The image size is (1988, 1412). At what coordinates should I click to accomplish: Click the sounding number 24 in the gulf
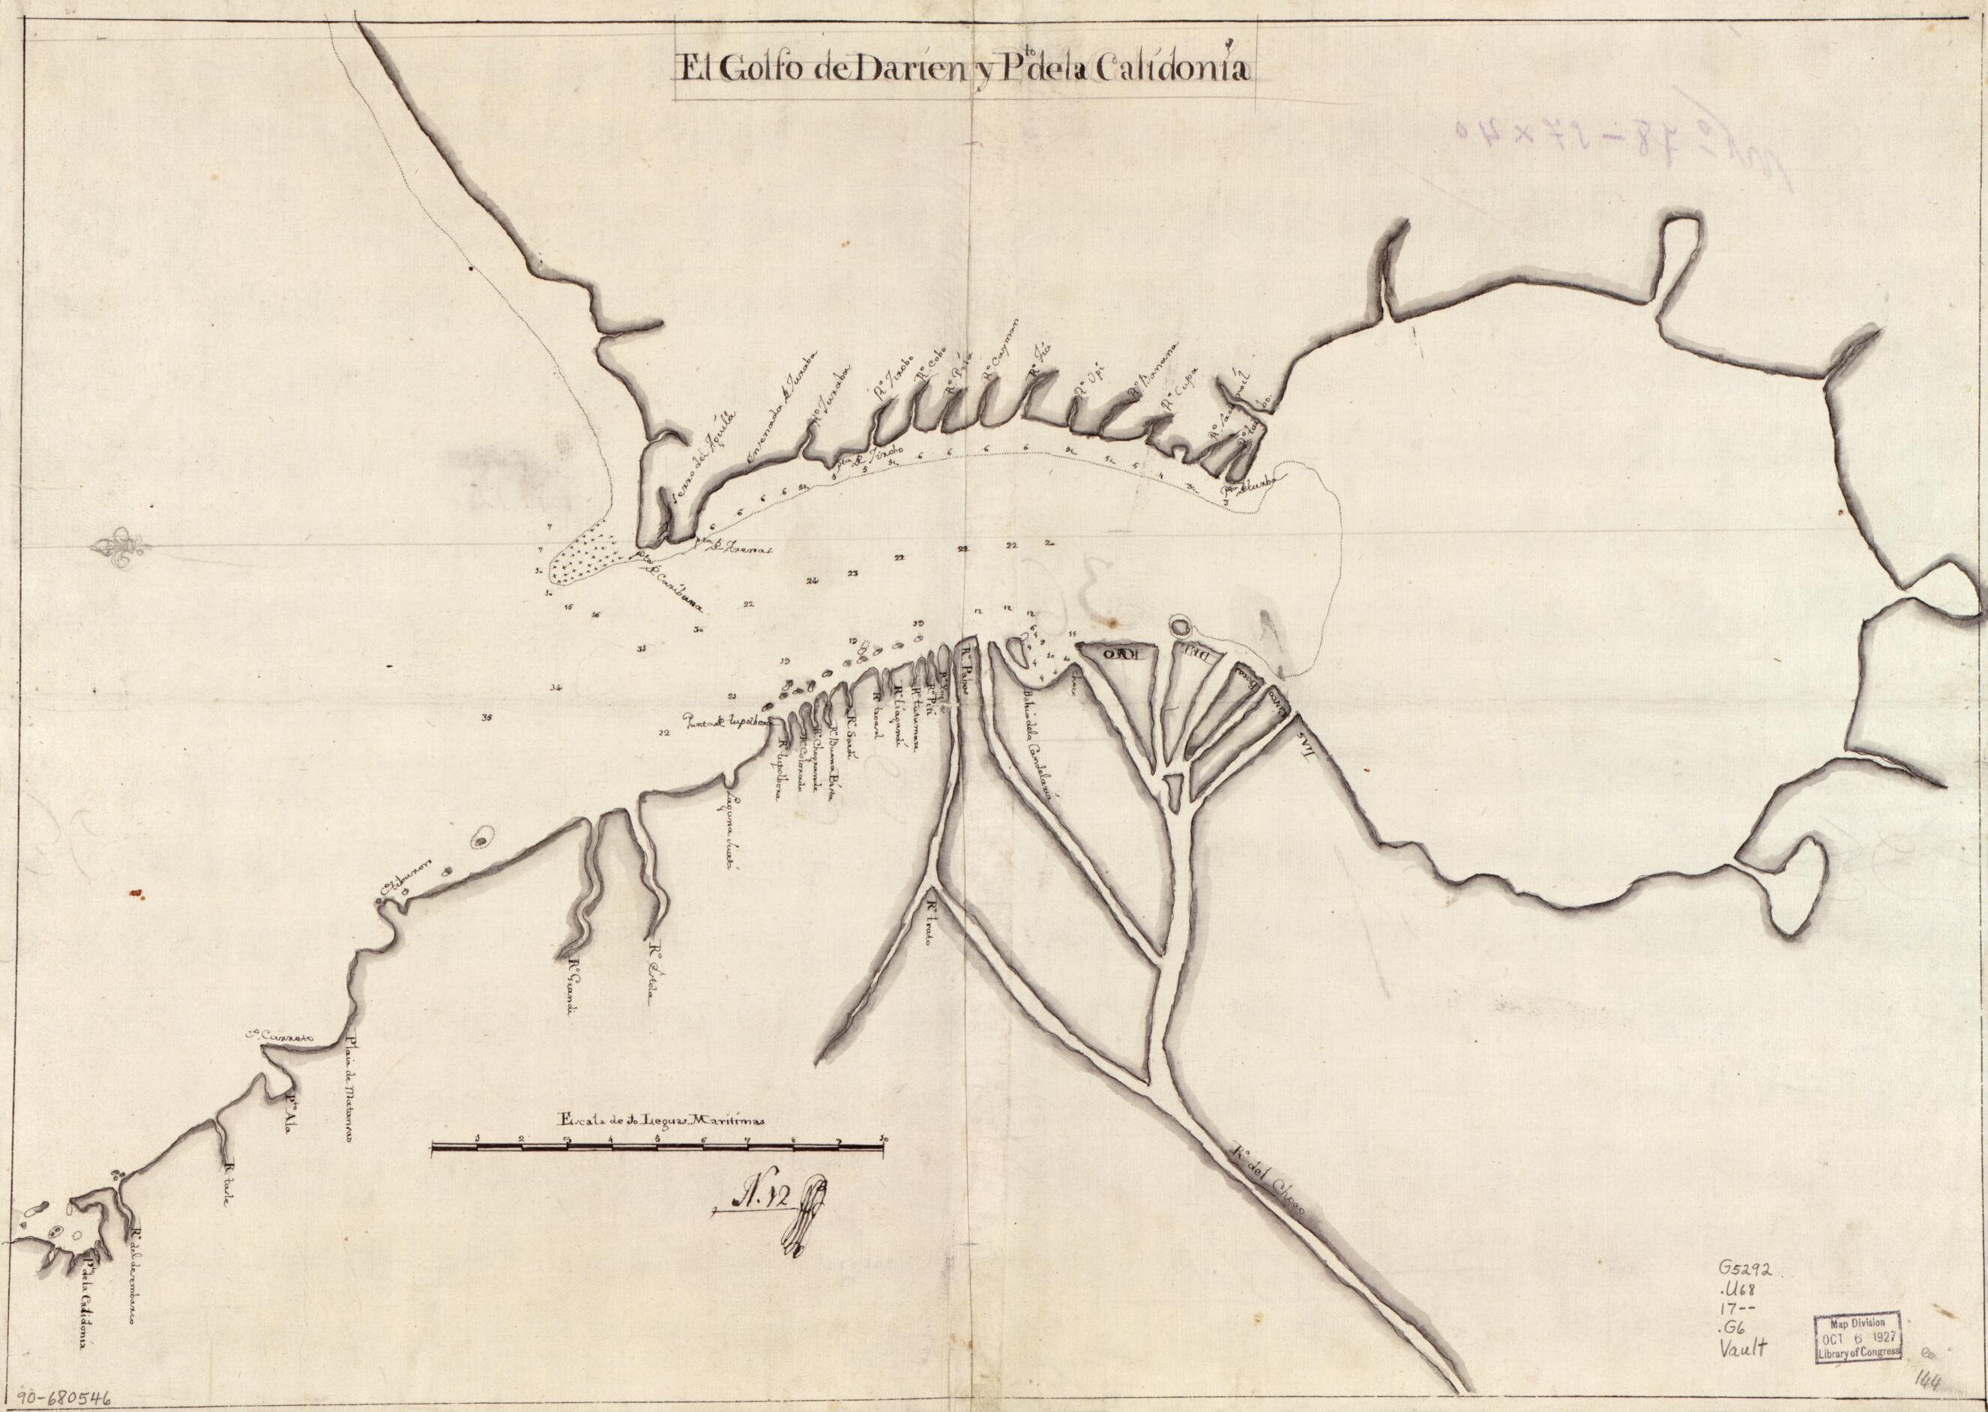(x=813, y=581)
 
